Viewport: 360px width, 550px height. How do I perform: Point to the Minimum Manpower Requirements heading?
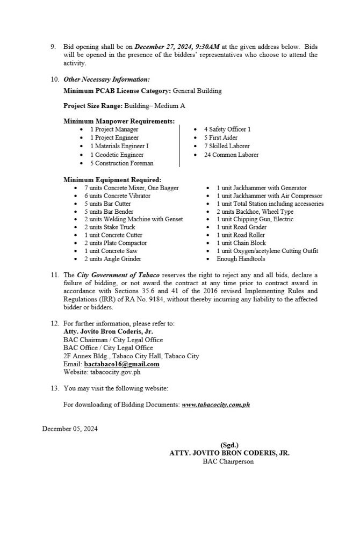point(119,121)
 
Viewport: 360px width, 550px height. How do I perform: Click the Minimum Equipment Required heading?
point(112,179)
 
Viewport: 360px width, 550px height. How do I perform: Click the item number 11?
point(54,276)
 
